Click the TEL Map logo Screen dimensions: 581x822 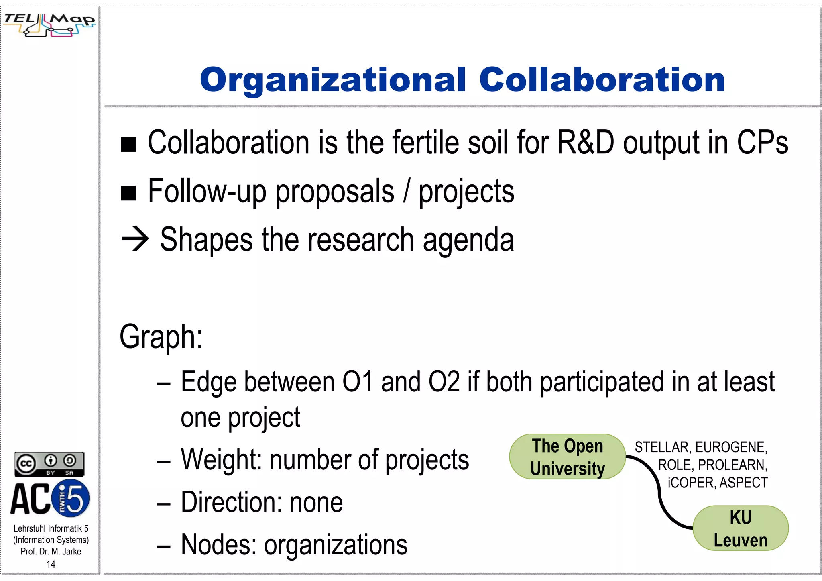coord(49,24)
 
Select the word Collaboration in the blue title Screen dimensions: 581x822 coord(602,80)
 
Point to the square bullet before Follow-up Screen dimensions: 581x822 coord(128,193)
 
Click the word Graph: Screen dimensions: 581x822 coord(161,336)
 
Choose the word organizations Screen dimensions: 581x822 coord(336,545)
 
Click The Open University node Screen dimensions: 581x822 coord(567,457)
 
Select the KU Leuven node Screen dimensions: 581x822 coord(741,528)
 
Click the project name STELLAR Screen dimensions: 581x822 coord(661,447)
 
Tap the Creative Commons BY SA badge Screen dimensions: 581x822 coord(49,464)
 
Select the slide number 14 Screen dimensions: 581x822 coord(51,564)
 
